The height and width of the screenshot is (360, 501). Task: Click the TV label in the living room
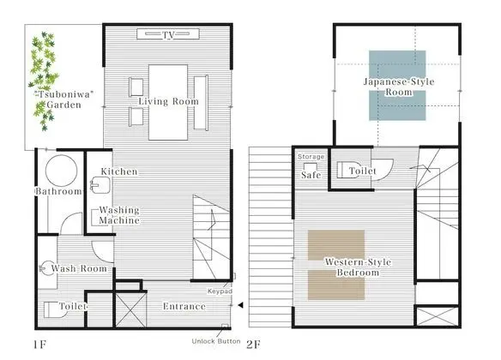point(168,35)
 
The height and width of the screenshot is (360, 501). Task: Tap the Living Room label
point(168,101)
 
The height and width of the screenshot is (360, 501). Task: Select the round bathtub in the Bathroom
point(62,171)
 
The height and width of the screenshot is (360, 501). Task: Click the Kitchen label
point(119,171)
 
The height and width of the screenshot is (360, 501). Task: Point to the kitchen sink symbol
point(100,185)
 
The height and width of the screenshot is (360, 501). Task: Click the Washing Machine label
point(119,215)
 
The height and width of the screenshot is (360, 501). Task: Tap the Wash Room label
point(79,269)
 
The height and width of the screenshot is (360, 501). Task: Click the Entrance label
point(184,306)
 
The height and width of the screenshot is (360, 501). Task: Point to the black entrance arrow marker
point(240,305)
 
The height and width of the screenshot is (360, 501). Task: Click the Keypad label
point(220,291)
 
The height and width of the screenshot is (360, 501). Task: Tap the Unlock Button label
point(216,341)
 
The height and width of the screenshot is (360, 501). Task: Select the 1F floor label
point(40,345)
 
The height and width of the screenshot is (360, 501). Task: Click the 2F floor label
point(253,345)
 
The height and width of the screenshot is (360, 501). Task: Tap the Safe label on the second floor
point(311,175)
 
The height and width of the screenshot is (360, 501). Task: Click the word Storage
point(311,157)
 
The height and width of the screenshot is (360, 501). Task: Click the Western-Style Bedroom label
point(358,267)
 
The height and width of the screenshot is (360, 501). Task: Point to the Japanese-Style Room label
point(399,87)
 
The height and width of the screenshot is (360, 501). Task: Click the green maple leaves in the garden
point(44,80)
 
